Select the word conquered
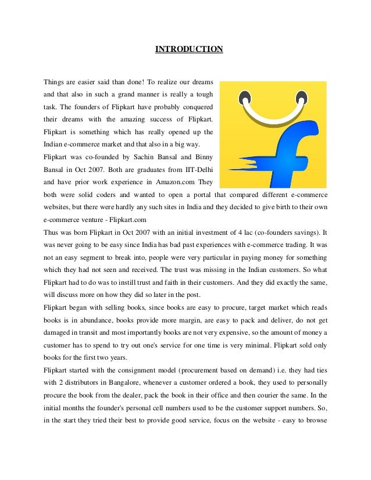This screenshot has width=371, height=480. tap(195, 109)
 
